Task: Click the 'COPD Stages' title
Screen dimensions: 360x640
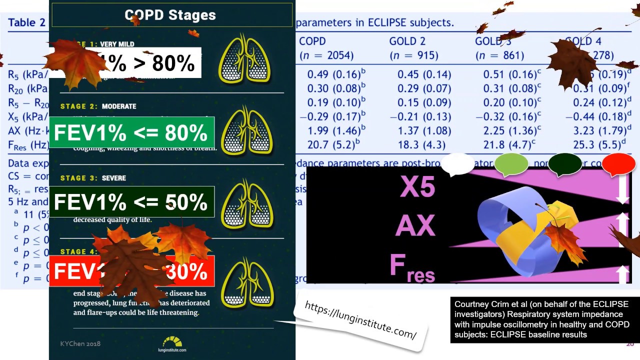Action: pyautogui.click(x=170, y=15)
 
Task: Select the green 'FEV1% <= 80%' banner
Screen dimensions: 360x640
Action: pyautogui.click(x=131, y=133)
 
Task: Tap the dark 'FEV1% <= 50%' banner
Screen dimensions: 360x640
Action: pyautogui.click(x=131, y=202)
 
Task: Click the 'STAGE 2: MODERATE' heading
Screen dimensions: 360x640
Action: pyautogui.click(x=98, y=106)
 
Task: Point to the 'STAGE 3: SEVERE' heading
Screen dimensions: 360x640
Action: pyautogui.click(x=93, y=178)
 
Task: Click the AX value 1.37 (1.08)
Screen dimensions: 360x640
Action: pyautogui.click(x=424, y=131)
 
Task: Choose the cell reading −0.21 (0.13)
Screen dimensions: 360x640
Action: pyautogui.click(x=424, y=116)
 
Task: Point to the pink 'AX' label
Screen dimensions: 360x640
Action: pyautogui.click(x=415, y=226)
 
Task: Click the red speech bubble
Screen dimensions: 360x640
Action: pyautogui.click(x=618, y=164)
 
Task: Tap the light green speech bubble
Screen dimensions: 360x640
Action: pyautogui.click(x=511, y=164)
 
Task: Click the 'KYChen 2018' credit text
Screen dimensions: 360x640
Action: pyautogui.click(x=80, y=344)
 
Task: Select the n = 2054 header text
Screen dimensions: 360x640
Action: pyautogui.click(x=326, y=55)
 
